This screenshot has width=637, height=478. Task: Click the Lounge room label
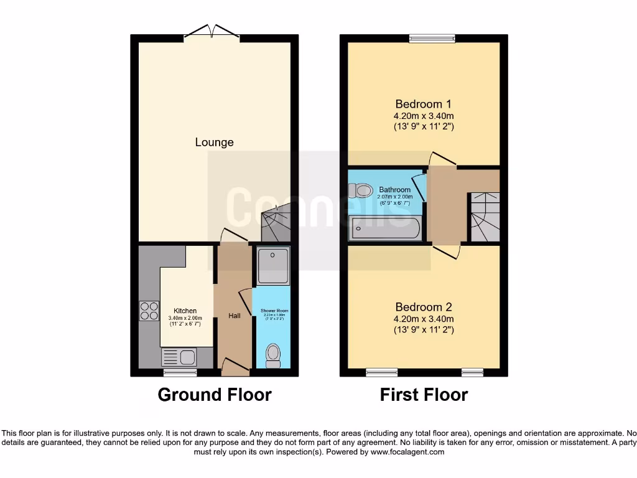coord(214,142)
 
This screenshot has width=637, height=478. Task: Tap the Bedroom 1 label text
coord(424,104)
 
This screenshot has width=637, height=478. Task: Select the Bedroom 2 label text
coord(424,307)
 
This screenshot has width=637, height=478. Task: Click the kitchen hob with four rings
coord(149,311)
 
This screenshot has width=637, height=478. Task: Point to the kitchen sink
coord(179,357)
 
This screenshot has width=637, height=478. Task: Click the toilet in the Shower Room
coord(272,355)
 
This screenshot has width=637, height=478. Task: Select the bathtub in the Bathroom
coord(385,228)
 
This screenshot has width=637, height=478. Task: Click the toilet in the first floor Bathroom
coord(361,189)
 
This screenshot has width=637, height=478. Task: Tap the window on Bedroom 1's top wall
coord(432,39)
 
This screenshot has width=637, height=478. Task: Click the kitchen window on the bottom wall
coord(180,373)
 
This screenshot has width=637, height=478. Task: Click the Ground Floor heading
coord(214,395)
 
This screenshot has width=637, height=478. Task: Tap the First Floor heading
coord(424,395)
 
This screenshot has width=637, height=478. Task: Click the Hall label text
coord(234,316)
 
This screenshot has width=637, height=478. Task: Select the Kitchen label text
coord(185,311)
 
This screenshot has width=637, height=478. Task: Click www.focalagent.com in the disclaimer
coord(407,452)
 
